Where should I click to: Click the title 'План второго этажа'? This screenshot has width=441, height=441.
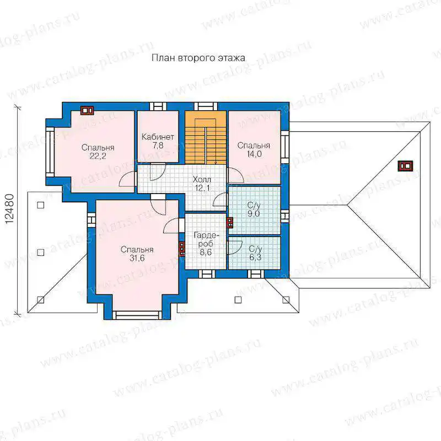(x=198, y=58)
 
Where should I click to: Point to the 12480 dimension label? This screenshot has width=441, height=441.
(x=9, y=209)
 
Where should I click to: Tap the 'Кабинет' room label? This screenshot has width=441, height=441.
(x=158, y=137)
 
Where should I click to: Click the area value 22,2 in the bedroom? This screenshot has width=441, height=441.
(x=98, y=156)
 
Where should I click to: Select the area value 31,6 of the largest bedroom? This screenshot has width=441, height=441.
(x=137, y=258)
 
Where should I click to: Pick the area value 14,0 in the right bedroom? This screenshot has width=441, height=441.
(x=254, y=154)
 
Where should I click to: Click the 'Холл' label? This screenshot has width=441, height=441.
(x=202, y=179)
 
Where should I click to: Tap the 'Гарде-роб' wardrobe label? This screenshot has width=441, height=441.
(x=206, y=239)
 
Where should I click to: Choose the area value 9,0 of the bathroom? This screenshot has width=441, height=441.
(x=254, y=213)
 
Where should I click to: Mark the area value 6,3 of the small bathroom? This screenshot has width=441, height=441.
(x=255, y=257)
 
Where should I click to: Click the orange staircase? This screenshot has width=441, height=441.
(x=206, y=137)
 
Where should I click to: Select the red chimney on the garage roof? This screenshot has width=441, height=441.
(x=406, y=166)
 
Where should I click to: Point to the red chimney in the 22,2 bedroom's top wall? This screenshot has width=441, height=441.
(x=87, y=111)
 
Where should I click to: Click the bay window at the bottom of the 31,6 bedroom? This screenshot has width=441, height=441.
(x=137, y=315)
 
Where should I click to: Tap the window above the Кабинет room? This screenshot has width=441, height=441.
(x=158, y=106)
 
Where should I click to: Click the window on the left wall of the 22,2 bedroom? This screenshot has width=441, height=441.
(x=50, y=152)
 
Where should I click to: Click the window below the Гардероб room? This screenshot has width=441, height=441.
(x=207, y=274)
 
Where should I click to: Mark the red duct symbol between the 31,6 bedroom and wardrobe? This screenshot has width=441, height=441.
(x=182, y=249)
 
